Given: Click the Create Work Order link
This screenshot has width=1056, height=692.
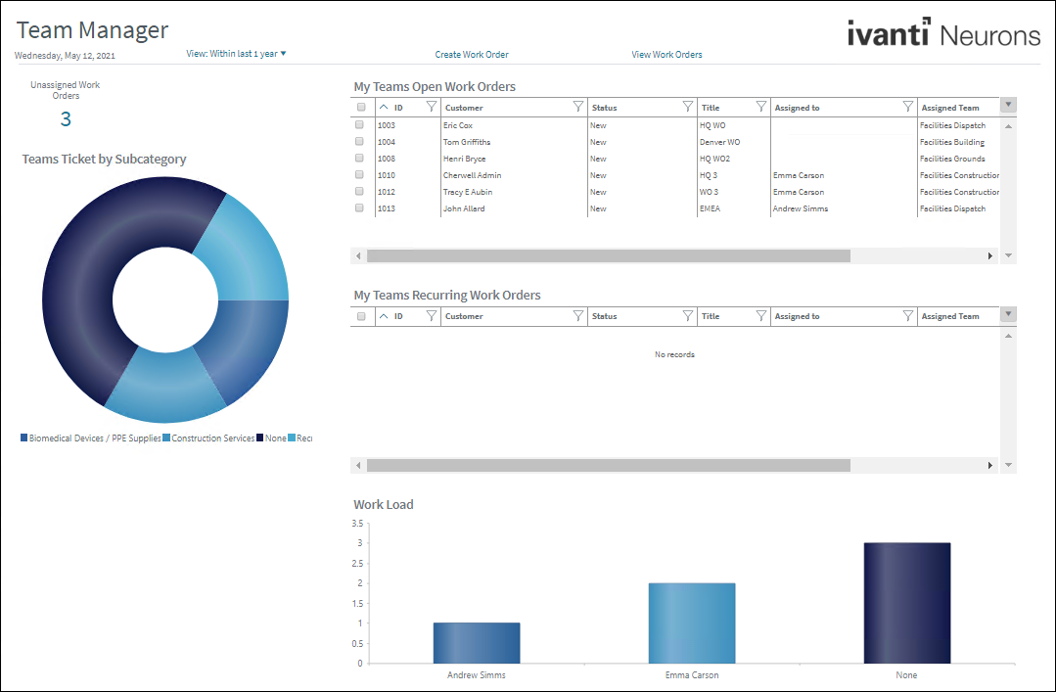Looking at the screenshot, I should [x=472, y=55].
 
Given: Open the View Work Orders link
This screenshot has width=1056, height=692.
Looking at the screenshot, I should [x=666, y=55].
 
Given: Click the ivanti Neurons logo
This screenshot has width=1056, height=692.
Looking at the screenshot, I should [x=943, y=34].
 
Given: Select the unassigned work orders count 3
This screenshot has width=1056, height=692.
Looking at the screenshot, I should [x=66, y=119].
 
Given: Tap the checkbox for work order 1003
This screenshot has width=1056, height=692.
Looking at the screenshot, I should [x=360, y=125].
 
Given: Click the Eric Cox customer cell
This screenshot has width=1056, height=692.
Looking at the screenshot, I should [x=458, y=125].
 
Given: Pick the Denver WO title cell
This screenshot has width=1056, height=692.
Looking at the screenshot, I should [x=719, y=142].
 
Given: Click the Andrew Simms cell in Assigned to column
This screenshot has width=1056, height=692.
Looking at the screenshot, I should [x=801, y=208].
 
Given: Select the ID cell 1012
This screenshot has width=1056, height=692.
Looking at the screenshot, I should [x=387, y=192].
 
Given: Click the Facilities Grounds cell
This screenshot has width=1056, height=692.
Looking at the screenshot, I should [x=952, y=159].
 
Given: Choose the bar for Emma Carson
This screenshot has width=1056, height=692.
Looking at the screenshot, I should [x=692, y=623].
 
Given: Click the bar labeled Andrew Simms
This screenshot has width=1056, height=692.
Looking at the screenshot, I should [x=477, y=643].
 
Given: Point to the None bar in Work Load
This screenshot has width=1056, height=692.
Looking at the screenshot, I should [x=906, y=603].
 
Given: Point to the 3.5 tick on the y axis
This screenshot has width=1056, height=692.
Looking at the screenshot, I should [x=356, y=524].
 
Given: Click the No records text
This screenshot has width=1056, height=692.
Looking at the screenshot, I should [x=674, y=354].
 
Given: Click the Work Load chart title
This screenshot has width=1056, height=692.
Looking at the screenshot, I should [x=384, y=505].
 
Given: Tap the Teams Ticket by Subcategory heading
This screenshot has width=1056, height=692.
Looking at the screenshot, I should [x=104, y=159].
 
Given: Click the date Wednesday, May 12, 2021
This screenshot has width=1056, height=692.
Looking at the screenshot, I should [x=65, y=56].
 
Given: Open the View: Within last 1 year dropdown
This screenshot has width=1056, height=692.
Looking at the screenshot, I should [x=236, y=54].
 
